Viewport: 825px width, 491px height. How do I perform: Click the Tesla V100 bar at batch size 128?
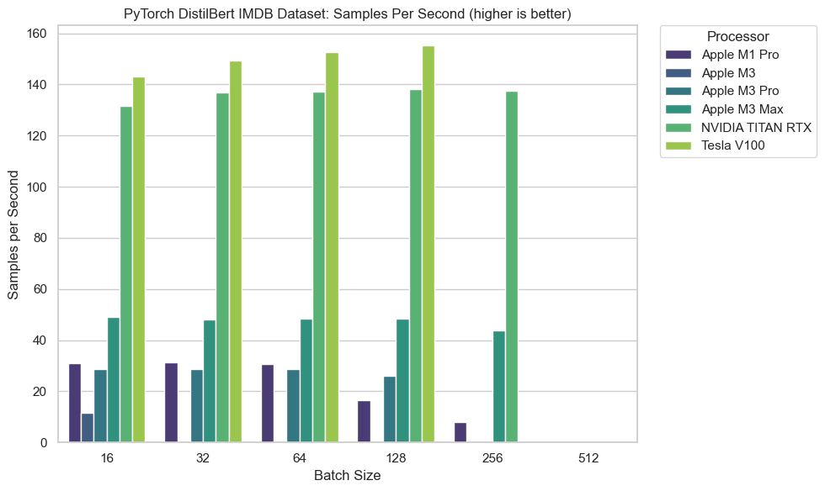(428, 244)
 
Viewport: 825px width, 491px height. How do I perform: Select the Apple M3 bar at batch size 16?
(88, 428)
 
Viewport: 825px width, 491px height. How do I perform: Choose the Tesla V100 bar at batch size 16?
(139, 260)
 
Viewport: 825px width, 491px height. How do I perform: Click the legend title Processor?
(737, 36)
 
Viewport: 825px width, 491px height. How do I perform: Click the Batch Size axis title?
(347, 476)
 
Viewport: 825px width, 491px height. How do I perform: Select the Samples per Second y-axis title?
(14, 238)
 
